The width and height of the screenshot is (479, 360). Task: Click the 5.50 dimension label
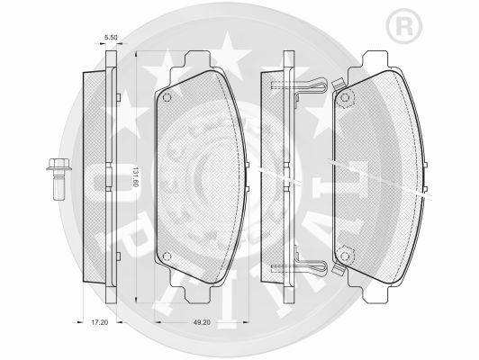click(111, 38)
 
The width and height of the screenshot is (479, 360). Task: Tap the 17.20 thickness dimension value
click(100, 322)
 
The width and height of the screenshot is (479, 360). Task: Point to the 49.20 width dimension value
click(203, 322)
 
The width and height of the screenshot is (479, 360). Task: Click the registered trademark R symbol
click(403, 27)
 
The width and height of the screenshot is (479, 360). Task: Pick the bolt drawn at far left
click(59, 179)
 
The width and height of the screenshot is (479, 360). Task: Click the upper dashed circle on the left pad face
click(167, 98)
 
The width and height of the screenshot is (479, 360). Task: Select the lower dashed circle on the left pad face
click(167, 256)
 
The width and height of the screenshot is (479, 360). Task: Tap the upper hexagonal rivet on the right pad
click(345, 98)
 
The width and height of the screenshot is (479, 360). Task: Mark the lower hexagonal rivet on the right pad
click(345, 256)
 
